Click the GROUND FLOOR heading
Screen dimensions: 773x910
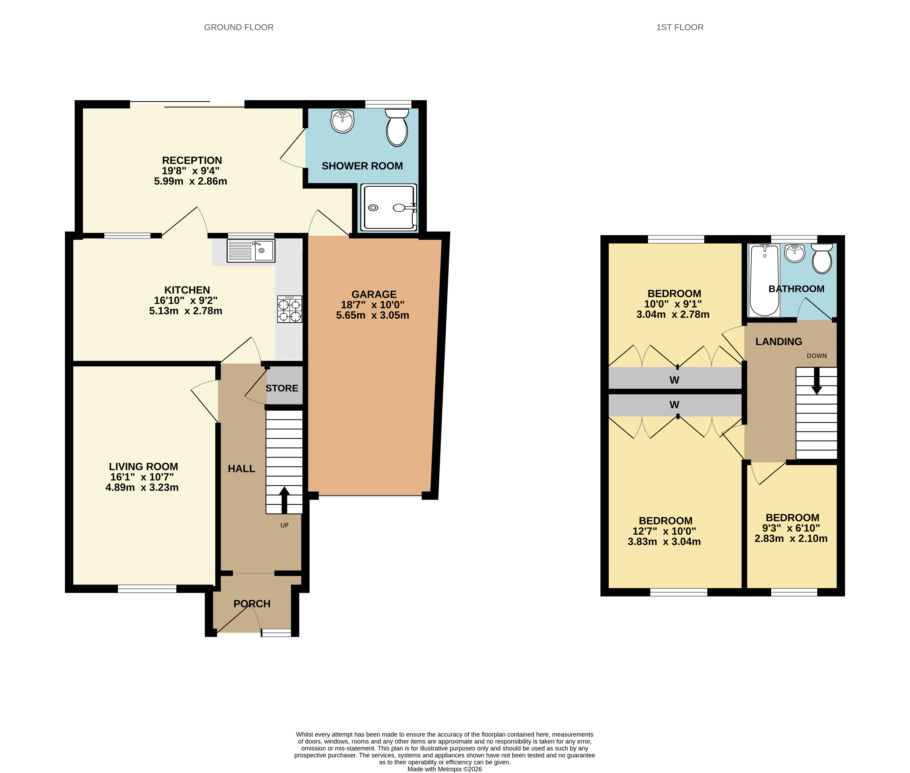[x=238, y=27]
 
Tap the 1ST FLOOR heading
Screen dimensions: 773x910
[x=679, y=27]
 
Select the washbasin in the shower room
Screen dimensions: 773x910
[x=342, y=121]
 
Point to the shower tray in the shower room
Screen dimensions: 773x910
[x=388, y=207]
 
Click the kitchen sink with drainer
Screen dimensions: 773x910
[x=250, y=251]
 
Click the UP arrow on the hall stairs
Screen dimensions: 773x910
[x=284, y=499]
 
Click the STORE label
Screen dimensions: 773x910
[x=281, y=388]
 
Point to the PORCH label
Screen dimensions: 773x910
[x=252, y=604]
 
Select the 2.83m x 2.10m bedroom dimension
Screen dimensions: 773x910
[x=791, y=539]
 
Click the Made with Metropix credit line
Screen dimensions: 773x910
[x=444, y=768]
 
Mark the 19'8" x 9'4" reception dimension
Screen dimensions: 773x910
[x=190, y=171]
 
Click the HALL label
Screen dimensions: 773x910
[x=241, y=469]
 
